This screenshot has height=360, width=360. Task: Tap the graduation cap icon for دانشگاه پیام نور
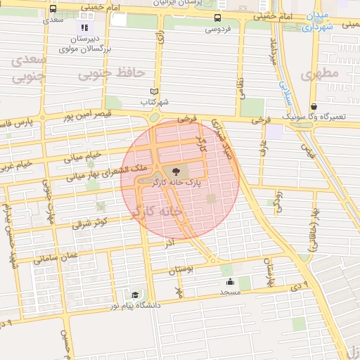pos(134,295)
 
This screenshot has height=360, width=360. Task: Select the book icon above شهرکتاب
pos(155,91)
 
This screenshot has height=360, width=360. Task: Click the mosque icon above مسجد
pos(229,281)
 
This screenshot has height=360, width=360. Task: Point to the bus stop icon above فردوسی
pos(218,18)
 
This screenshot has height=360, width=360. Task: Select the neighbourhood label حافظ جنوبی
pos(111,72)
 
